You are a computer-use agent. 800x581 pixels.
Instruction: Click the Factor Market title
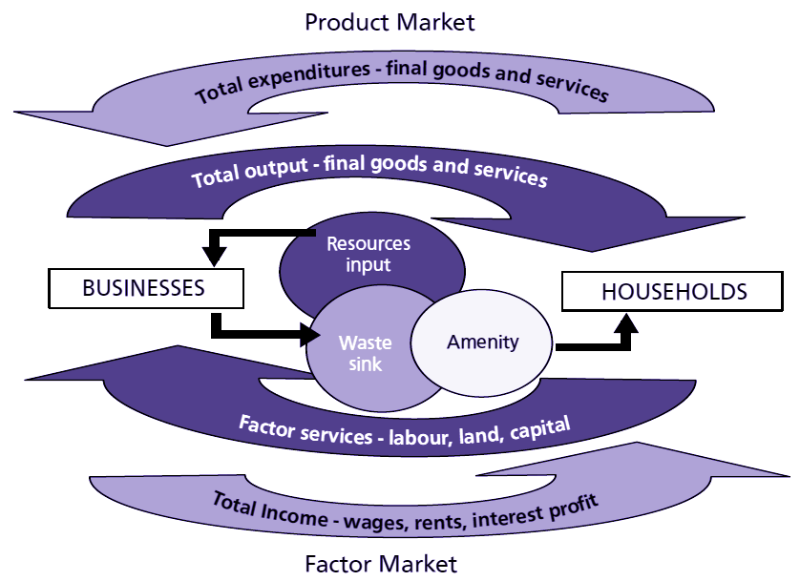(381, 563)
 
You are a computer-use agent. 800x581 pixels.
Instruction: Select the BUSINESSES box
(144, 288)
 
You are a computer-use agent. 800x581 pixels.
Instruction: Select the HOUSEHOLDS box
(674, 291)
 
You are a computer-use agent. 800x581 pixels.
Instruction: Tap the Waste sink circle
(357, 350)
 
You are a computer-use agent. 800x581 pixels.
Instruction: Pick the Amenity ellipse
(483, 341)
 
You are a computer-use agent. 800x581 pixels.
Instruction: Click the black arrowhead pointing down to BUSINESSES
(214, 257)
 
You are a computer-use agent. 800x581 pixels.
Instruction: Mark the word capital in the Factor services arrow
(539, 426)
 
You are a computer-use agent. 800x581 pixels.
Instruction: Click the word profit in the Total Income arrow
(570, 499)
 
